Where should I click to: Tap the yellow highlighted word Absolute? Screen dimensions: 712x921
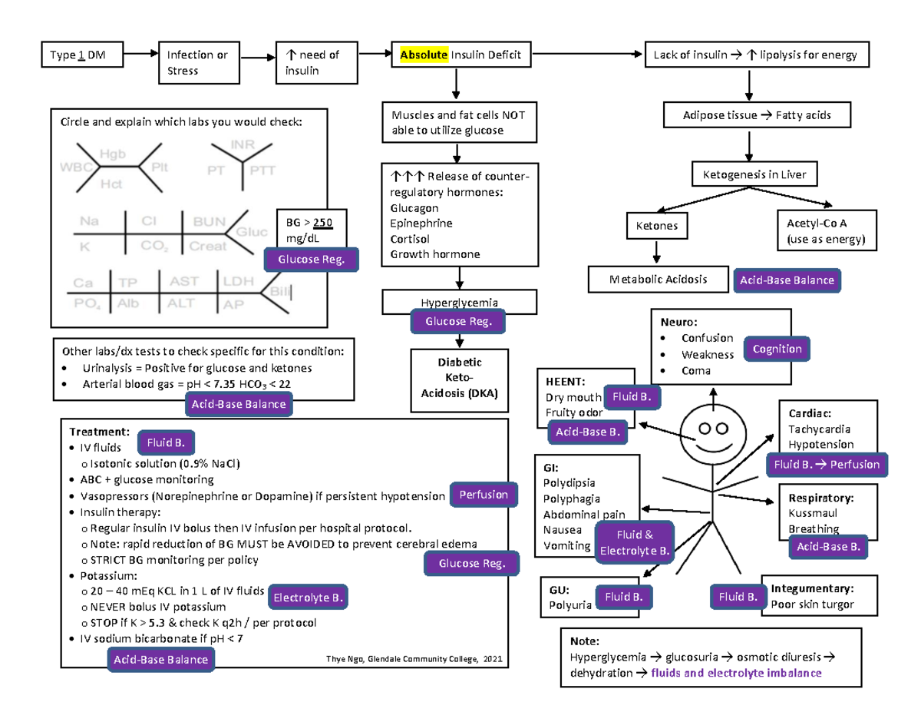[423, 55]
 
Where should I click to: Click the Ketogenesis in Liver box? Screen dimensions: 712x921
[749, 174]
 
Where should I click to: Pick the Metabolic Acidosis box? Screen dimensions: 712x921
[657, 280]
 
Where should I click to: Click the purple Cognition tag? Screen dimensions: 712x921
[777, 349]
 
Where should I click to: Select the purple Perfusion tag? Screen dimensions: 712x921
[483, 495]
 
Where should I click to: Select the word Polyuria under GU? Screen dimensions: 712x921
[570, 605]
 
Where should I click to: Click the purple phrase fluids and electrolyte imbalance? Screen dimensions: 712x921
[735, 673]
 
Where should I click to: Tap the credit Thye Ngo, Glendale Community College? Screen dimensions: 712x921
[413, 660]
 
